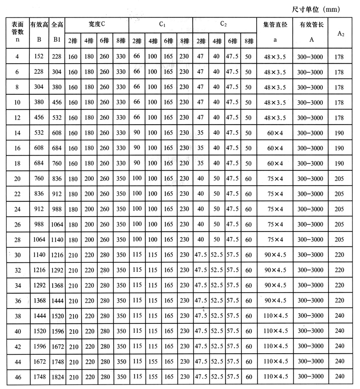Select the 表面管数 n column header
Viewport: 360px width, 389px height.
(x=17, y=32)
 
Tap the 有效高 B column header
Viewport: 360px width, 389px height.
(x=39, y=32)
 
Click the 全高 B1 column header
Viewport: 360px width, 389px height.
(x=57, y=32)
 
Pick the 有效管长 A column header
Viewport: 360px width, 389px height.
(x=311, y=32)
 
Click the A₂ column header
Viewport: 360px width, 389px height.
(x=341, y=33)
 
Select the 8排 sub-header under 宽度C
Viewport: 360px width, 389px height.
(x=121, y=40)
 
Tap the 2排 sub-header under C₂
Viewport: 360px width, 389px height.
(x=201, y=40)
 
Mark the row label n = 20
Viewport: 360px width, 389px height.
(x=17, y=179)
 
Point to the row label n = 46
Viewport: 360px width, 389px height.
(x=17, y=378)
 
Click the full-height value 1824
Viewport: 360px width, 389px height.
(x=57, y=378)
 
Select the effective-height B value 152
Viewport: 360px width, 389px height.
(x=39, y=57)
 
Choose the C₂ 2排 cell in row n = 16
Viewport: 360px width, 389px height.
(x=201, y=149)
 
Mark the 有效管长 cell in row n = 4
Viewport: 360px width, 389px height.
(x=311, y=57)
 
